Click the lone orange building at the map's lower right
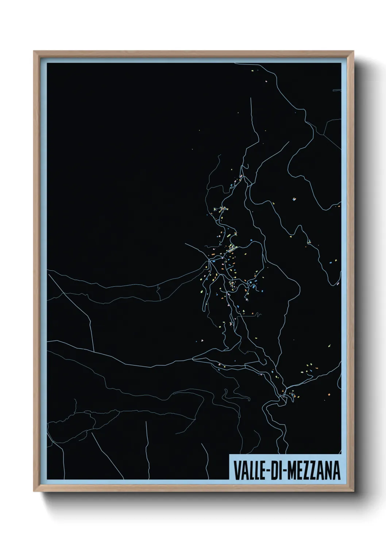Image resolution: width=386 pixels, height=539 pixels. [329, 394]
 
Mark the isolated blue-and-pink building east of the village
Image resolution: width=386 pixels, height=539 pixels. [294, 199]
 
